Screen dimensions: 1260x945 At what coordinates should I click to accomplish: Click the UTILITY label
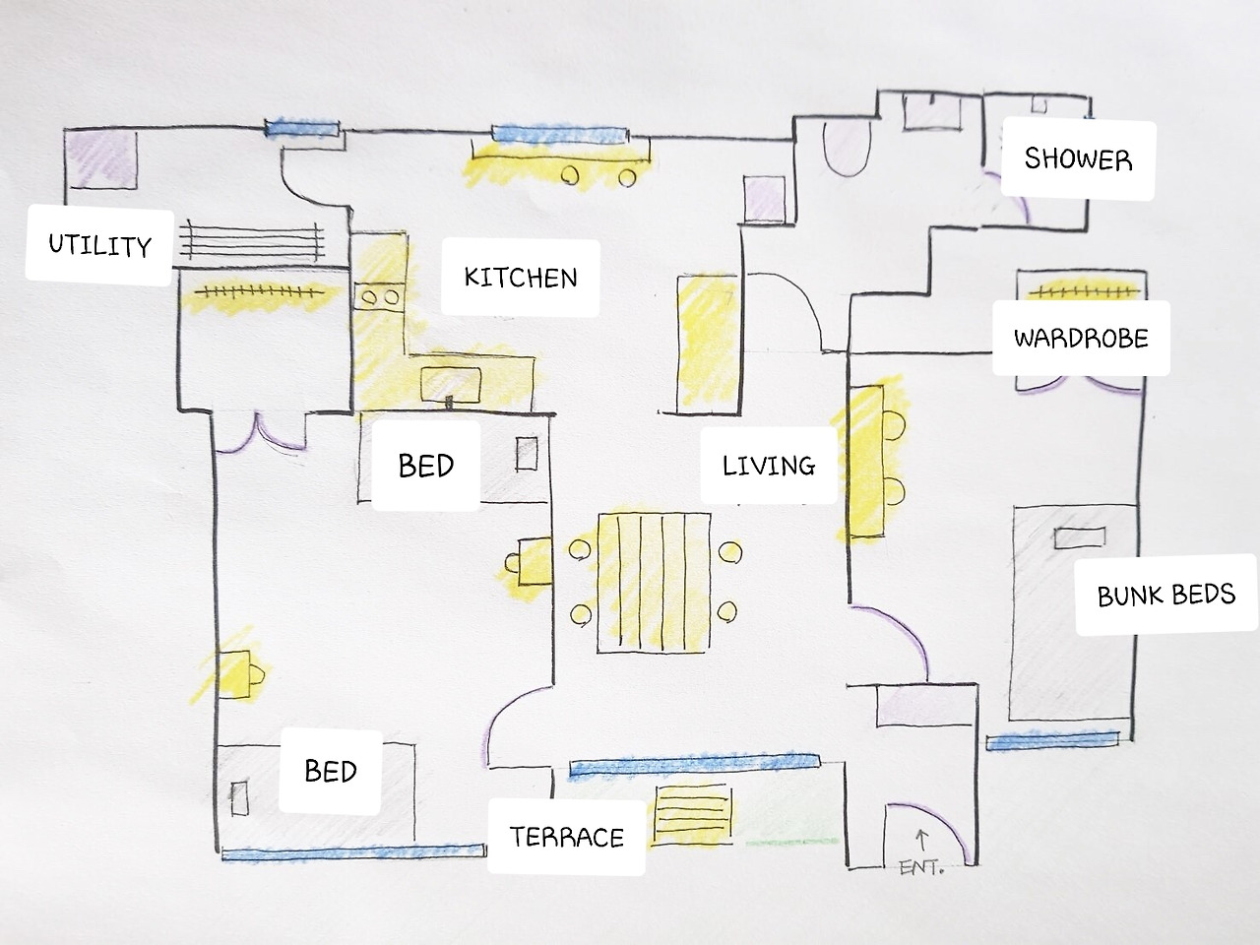(x=99, y=245)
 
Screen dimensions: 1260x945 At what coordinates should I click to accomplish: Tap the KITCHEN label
(x=521, y=278)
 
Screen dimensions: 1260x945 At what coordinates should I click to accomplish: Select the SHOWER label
(x=1078, y=158)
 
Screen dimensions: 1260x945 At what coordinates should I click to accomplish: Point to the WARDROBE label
(x=1081, y=338)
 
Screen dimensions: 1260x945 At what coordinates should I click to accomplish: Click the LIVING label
(x=769, y=466)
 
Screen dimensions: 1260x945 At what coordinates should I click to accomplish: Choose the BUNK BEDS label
(x=1166, y=595)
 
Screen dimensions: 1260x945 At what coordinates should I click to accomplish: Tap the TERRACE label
(x=567, y=837)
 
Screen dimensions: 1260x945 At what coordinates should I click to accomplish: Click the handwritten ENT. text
(x=921, y=867)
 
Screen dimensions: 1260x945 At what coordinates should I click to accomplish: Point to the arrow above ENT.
(x=922, y=840)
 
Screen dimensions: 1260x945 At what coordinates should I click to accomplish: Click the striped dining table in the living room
(x=654, y=583)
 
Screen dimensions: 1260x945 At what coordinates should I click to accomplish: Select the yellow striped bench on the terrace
(x=693, y=815)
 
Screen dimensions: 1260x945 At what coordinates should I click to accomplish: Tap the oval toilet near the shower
(x=848, y=148)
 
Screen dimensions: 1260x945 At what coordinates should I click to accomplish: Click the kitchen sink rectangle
(x=451, y=385)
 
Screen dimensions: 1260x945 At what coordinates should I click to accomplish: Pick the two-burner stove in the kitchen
(x=379, y=297)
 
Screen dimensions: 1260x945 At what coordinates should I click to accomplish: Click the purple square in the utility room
(x=101, y=158)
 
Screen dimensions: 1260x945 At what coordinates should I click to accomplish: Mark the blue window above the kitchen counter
(x=560, y=134)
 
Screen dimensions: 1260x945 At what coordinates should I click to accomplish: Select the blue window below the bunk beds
(x=1052, y=740)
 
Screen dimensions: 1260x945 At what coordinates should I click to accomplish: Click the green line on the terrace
(x=792, y=843)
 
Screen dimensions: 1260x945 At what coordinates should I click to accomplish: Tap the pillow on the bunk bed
(x=1080, y=537)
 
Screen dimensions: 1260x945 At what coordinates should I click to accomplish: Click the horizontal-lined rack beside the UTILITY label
(x=251, y=241)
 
